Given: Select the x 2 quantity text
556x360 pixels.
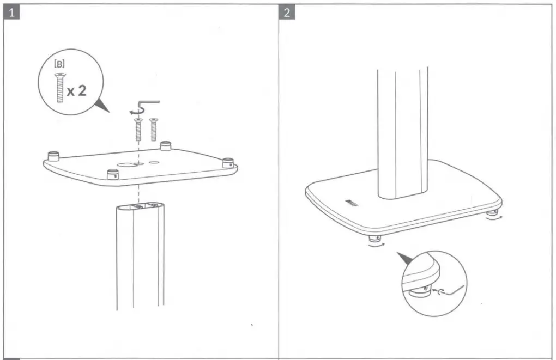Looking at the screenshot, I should point(76,90).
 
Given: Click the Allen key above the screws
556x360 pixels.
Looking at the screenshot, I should point(148,104).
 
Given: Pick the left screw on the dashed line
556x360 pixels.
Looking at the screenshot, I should point(138,129).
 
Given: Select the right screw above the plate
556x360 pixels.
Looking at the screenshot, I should point(153,129).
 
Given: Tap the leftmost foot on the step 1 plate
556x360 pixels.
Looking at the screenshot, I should point(53,156).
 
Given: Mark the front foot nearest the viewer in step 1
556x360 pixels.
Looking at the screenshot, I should point(112,174).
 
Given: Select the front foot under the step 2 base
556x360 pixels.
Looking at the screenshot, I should point(374,239).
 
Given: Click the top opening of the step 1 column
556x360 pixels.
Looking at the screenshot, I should point(140,206).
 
